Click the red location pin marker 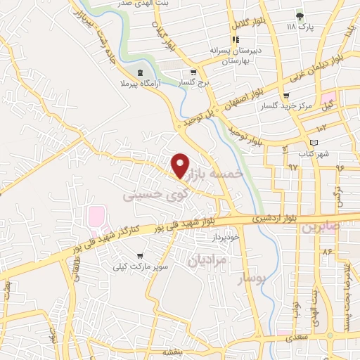(x=180, y=165)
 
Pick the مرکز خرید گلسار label (x=278, y=105)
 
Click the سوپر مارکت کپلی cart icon (x=141, y=256)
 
